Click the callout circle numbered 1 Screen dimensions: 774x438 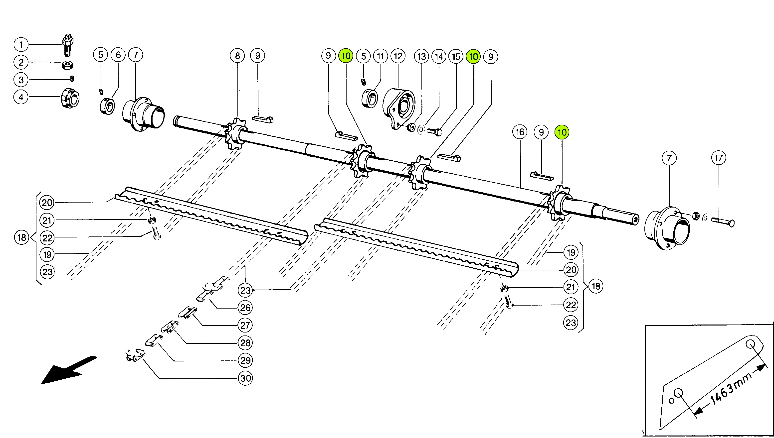pos(21,45)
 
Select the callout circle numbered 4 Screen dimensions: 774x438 pos(21,97)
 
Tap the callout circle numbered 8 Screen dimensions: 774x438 pos(237,56)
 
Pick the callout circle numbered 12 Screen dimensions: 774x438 pos(398,56)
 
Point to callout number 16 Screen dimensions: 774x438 pos(520,132)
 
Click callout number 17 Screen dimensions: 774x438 pos(719,158)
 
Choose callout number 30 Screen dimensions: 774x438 pos(245,378)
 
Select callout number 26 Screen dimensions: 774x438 pos(245,308)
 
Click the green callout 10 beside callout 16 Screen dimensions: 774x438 pos(562,132)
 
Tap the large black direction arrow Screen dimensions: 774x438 pos(69,370)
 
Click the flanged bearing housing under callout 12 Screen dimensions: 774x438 pos(398,108)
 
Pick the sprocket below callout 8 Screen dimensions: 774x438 pos(236,134)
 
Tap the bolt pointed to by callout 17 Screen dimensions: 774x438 pos(723,222)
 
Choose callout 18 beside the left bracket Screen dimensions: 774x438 pos(22,238)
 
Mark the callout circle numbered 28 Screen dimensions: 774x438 pos(245,343)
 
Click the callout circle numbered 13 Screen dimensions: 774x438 pos(421,57)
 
